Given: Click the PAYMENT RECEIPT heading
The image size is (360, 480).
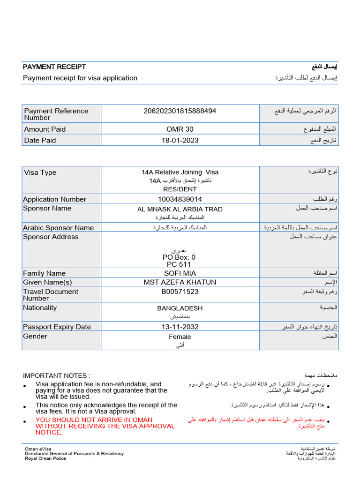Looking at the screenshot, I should (54, 67).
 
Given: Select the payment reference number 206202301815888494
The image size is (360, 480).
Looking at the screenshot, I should (180, 111).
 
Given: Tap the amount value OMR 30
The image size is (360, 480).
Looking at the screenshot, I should (180, 129).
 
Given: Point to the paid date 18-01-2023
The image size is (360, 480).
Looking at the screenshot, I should (180, 141).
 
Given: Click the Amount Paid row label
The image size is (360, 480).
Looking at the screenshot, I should (45, 129).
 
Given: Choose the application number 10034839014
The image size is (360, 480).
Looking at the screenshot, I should (180, 199).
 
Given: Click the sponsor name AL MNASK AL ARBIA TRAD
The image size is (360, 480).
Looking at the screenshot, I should (180, 209).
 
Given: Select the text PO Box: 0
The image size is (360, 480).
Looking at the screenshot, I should (179, 257).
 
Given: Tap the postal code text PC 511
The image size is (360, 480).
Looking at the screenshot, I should (179, 264).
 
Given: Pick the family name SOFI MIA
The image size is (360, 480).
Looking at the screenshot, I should (180, 273).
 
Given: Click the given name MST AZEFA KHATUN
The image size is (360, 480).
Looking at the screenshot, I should (180, 282).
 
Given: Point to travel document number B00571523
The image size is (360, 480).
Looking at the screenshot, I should (180, 292).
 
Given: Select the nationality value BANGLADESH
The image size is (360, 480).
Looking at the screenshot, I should (180, 308).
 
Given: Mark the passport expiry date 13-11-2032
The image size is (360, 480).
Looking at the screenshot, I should (180, 327).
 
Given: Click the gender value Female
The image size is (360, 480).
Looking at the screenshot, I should (180, 337).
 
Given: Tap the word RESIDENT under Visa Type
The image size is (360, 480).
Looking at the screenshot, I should (180, 189).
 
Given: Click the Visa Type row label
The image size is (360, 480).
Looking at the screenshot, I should (40, 172).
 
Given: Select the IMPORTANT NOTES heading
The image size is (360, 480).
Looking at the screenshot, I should (57, 375).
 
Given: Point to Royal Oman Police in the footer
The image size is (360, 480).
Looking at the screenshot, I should (45, 458).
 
